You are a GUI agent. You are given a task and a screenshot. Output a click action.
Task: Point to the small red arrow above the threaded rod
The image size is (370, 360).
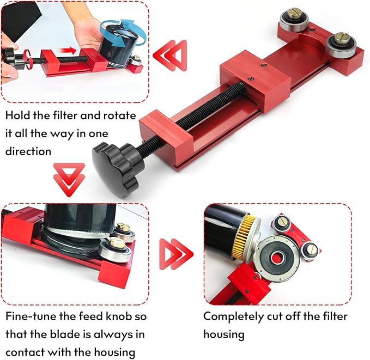pos(69,51)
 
